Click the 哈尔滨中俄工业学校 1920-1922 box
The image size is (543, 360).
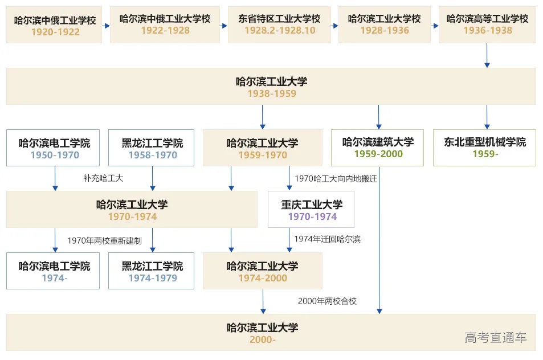[x=54, y=26]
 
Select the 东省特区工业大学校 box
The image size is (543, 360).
[x=280, y=26]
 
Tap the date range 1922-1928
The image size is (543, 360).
[x=165, y=30]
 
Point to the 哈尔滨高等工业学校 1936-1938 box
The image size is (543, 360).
[x=487, y=26]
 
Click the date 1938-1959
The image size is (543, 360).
[x=271, y=93]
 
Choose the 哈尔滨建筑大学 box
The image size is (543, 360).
[x=378, y=148]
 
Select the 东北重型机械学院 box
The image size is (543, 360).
[x=485, y=148]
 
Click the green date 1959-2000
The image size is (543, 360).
[x=378, y=154]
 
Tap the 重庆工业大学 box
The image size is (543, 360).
[x=311, y=210]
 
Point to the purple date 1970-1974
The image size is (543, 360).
[x=312, y=216]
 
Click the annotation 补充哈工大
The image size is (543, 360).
[x=103, y=178]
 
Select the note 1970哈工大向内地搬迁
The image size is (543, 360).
[x=336, y=178]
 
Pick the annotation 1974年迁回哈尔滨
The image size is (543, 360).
[x=327, y=239]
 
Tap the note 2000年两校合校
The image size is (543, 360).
[x=327, y=301]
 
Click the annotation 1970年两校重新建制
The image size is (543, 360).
[x=104, y=240]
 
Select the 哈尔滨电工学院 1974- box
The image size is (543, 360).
[x=54, y=272]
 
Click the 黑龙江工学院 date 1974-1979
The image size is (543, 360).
[x=152, y=279]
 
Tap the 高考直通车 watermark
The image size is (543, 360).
[x=496, y=338]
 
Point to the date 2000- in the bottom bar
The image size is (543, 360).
[x=262, y=340]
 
